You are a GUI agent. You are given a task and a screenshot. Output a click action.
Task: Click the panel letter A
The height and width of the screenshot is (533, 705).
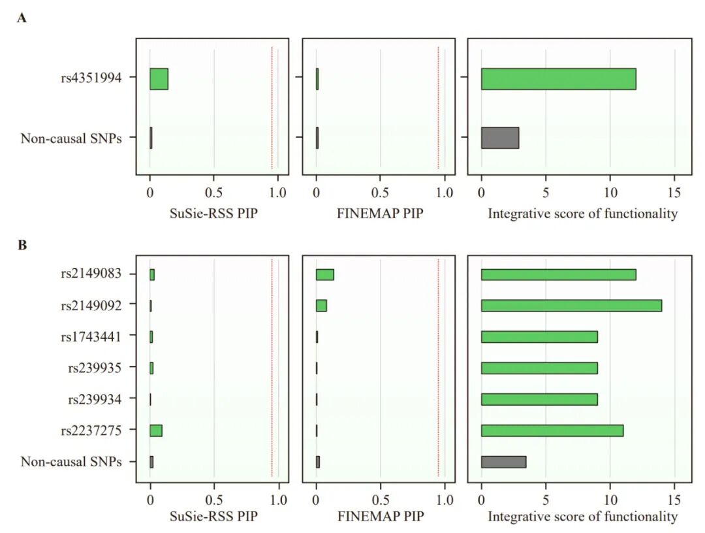(x=22, y=18)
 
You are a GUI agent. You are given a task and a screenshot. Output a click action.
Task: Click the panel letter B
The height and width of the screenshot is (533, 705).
(x=22, y=245)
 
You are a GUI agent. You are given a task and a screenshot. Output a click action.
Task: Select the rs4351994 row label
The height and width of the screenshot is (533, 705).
(x=91, y=78)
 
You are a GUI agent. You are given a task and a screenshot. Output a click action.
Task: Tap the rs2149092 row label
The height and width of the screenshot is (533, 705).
(x=91, y=306)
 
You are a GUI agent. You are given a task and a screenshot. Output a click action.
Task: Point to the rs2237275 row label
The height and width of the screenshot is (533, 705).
(x=91, y=430)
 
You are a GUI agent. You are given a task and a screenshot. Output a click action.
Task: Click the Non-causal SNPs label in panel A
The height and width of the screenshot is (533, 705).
(x=71, y=138)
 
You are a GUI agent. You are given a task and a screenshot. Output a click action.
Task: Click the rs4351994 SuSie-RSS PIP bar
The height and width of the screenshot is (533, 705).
(x=159, y=79)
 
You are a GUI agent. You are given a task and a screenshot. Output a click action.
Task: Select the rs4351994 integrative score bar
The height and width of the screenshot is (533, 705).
(x=558, y=79)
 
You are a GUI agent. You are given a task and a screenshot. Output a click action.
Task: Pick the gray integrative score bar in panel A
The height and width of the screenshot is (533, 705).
(x=500, y=138)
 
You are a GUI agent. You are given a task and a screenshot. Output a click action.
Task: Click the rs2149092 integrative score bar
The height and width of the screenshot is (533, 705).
(x=571, y=306)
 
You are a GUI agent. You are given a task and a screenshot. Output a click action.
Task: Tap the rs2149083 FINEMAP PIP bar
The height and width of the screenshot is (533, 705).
(x=324, y=274)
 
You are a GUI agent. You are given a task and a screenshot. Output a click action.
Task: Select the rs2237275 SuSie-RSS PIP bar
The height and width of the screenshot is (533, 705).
(x=155, y=430)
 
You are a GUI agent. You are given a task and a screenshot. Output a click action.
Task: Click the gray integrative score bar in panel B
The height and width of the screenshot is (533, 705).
(x=503, y=462)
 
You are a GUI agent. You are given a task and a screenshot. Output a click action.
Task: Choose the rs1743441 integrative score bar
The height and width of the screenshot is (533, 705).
(x=539, y=337)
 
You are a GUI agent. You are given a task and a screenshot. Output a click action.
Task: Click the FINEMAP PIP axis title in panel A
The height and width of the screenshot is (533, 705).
(x=380, y=213)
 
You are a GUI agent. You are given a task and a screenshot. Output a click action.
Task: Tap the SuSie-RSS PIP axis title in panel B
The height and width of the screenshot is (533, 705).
(x=213, y=516)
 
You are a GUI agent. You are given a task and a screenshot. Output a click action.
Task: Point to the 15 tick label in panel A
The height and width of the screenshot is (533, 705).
(x=674, y=193)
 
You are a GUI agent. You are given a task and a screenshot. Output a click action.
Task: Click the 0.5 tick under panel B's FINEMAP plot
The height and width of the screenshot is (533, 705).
(x=381, y=500)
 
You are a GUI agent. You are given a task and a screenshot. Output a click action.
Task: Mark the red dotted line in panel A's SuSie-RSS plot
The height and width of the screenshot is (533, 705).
(x=272, y=108)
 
